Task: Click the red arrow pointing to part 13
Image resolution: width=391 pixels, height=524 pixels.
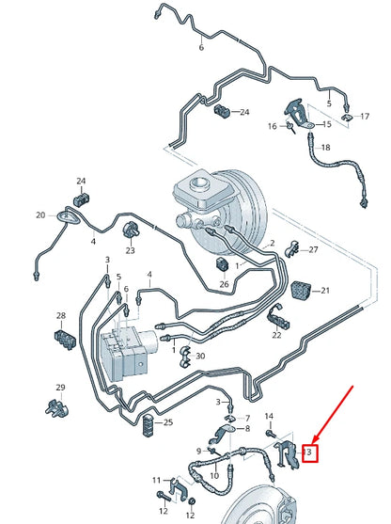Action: tap(335, 415)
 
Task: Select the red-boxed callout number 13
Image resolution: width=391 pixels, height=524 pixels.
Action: tap(307, 454)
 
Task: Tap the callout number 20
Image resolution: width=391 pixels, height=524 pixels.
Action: tap(40, 215)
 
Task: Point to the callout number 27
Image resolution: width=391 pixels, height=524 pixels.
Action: tap(314, 249)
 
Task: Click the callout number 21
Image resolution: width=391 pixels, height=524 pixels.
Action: tap(325, 291)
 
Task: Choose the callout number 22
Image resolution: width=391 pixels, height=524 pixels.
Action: tap(277, 335)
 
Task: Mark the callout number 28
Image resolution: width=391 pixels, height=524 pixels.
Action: tap(61, 316)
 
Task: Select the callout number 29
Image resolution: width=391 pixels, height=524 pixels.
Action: tap(60, 388)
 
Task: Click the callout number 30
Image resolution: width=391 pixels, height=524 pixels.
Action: tap(199, 356)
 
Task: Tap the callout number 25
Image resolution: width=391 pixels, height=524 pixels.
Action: tap(167, 422)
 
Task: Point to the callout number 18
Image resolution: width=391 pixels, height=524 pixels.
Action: tap(325, 148)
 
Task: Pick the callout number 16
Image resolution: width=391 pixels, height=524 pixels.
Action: tap(272, 126)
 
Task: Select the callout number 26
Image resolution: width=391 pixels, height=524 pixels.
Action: tap(224, 283)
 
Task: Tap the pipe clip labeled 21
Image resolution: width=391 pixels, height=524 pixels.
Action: tap(300, 291)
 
